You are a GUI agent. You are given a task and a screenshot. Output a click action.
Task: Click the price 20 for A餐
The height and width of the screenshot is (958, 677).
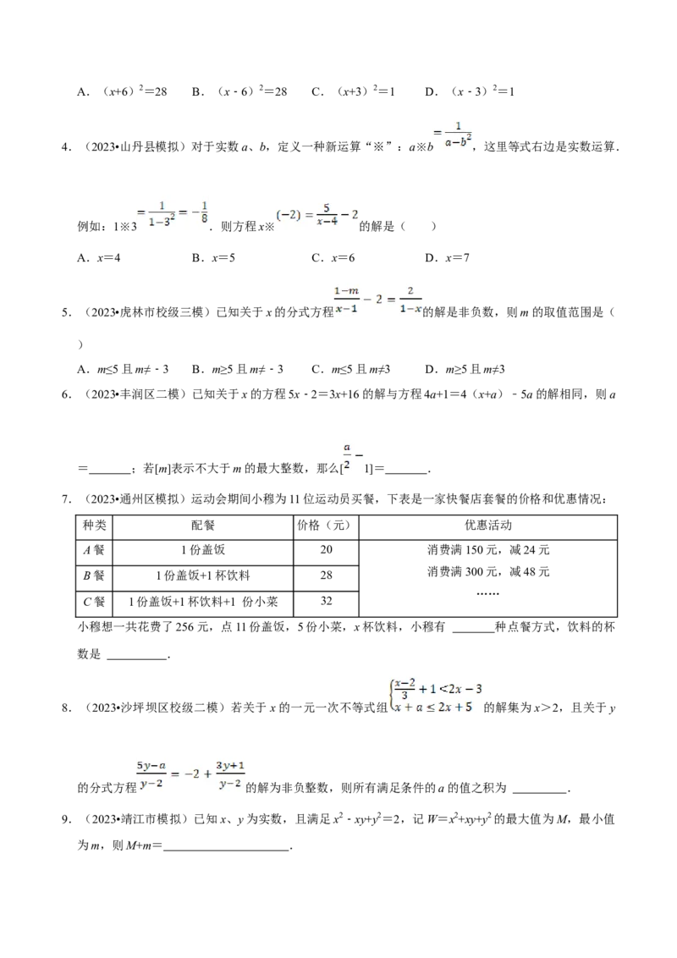(327, 549)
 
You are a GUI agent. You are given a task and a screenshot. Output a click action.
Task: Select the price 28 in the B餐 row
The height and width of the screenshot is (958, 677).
(327, 575)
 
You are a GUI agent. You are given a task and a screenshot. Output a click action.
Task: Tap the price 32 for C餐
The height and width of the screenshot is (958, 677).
(327, 601)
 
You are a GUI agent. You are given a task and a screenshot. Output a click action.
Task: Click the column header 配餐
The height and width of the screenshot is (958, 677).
(203, 525)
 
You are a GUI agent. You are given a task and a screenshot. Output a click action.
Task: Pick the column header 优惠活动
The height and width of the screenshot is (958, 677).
(487, 525)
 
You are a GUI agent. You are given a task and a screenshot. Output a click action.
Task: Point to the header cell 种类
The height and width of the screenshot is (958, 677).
(94, 525)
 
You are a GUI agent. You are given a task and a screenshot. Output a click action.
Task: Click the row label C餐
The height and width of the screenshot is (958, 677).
(94, 601)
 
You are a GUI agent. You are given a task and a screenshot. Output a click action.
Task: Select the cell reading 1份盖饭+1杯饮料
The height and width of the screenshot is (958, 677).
(203, 575)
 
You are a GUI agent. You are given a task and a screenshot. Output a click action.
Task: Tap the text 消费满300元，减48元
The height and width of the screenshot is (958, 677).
(488, 571)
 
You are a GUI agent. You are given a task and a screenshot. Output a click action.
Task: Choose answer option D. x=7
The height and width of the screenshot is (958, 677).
(448, 258)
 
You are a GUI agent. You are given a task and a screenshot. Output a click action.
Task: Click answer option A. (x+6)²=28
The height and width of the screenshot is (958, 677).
(122, 91)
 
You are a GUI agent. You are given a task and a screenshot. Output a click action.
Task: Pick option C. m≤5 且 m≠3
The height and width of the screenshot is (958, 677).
(350, 369)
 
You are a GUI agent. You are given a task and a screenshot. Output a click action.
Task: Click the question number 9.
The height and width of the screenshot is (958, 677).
(66, 819)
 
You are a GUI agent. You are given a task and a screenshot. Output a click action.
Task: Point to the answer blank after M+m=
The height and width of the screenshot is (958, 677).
(226, 847)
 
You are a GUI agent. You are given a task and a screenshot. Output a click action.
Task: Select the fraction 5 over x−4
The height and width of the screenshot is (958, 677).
(327, 215)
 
